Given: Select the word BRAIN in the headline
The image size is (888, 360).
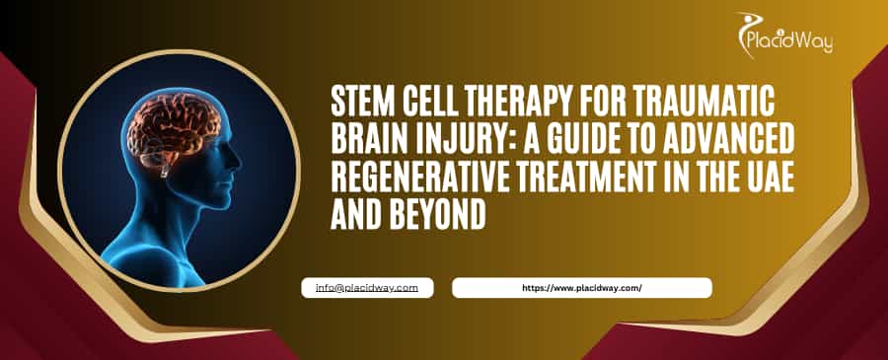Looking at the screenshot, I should click(366, 140).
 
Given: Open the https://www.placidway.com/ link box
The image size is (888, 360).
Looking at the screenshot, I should click(581, 287).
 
